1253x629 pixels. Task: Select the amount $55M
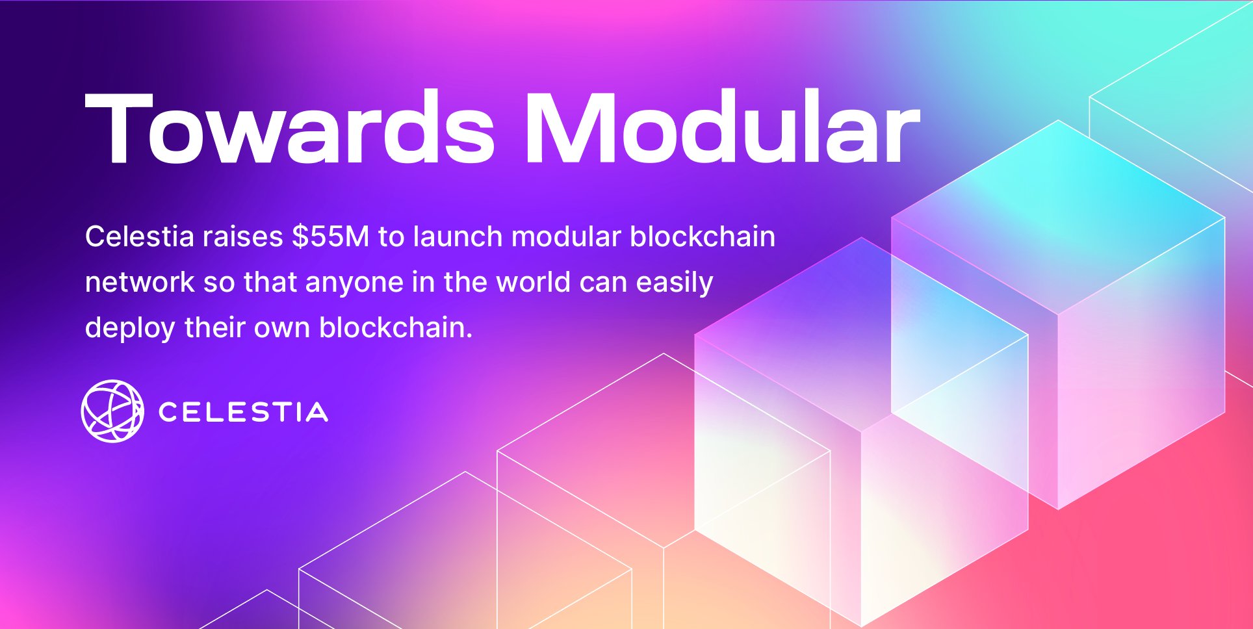coord(330,237)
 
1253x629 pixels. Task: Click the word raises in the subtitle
coord(242,237)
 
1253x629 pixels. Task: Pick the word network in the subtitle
coord(140,283)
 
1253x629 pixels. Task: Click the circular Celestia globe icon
coord(112,411)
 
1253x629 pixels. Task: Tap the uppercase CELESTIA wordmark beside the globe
coord(243,413)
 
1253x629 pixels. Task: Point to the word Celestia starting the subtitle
coord(139,237)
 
